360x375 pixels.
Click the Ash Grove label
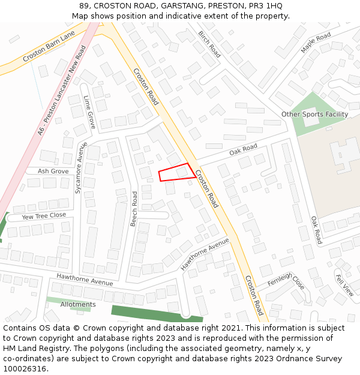pyautogui.click(x=53, y=171)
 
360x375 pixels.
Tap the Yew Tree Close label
pyautogui.click(x=44, y=215)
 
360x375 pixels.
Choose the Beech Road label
pyautogui.click(x=134, y=208)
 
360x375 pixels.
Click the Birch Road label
pyautogui.click(x=209, y=44)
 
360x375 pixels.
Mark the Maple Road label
pyautogui.click(x=316, y=43)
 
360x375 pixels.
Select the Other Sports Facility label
pyautogui.click(x=314, y=114)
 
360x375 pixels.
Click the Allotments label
pyautogui.click(x=78, y=304)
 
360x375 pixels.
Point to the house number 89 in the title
pyautogui.click(x=83, y=6)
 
